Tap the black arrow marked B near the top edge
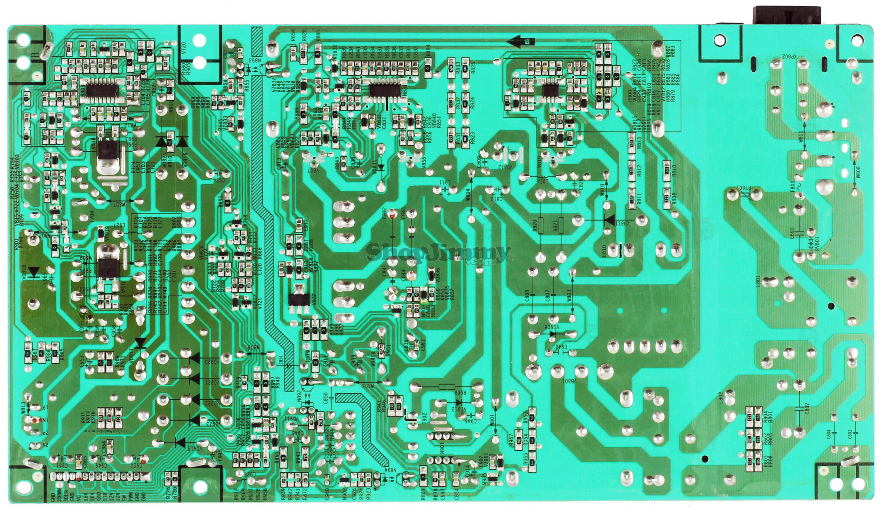tap(520, 41)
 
